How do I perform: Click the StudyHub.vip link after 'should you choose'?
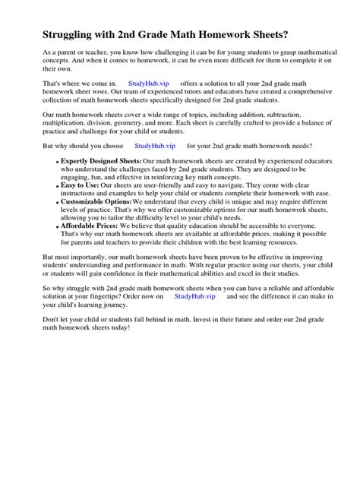(154, 145)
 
